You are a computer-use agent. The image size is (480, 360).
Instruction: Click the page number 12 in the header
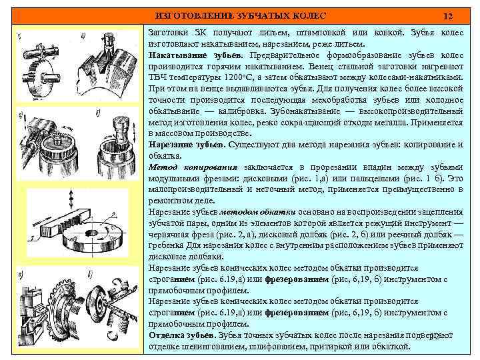pyautogui.click(x=448, y=15)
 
